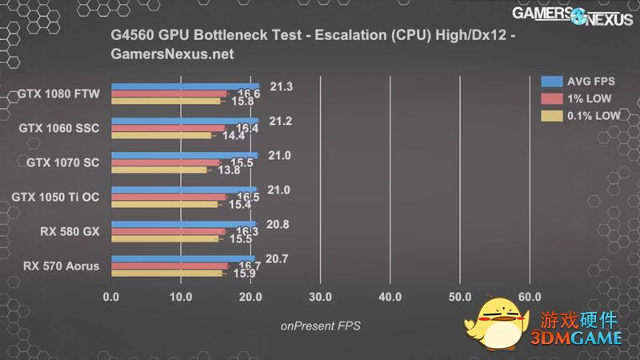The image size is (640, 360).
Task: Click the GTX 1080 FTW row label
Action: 58,94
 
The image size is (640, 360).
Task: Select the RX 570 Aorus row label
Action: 62,266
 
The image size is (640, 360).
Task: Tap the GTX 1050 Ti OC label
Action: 56,197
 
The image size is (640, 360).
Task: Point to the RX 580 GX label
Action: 70,231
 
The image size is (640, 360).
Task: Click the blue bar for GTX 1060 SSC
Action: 185,120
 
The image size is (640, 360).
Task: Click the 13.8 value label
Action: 230,170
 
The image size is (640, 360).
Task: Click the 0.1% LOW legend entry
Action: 581,116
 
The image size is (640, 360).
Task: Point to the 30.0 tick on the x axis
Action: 320,297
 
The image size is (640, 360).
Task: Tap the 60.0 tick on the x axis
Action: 530,297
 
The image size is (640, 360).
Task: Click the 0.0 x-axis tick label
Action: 111,297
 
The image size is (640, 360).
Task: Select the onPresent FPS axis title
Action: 320,326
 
